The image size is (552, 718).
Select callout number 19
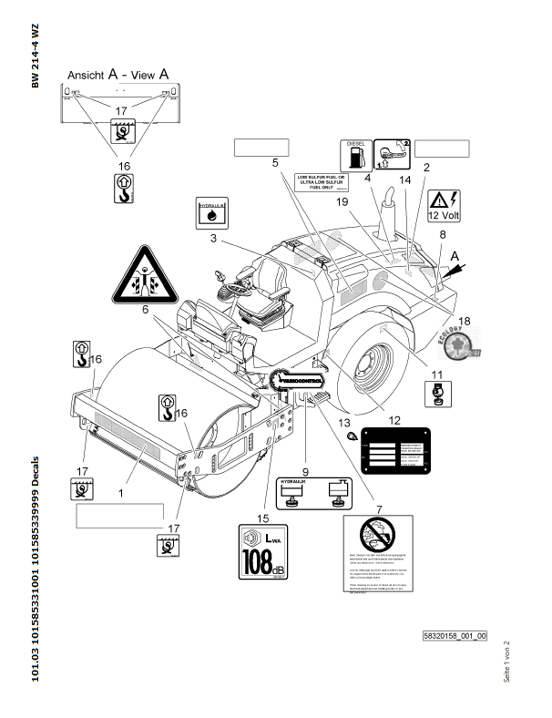click(342, 200)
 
